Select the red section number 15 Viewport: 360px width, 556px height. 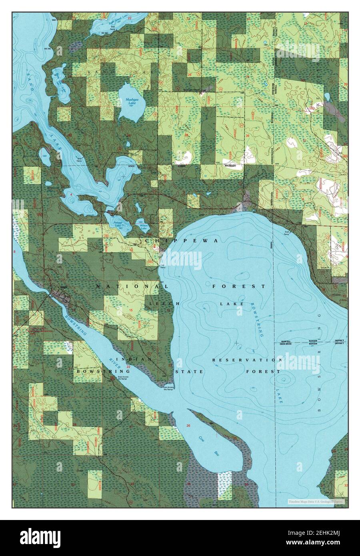pos(130,310)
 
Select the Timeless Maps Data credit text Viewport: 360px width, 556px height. pos(316,500)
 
